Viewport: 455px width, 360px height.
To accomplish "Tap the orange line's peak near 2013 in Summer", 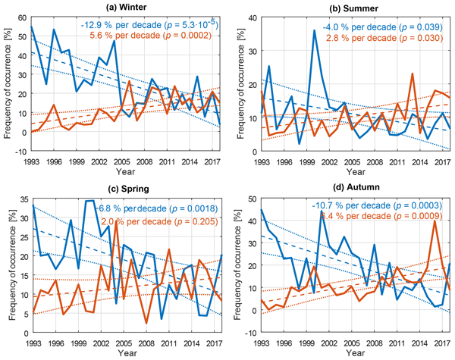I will click(x=412, y=74).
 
